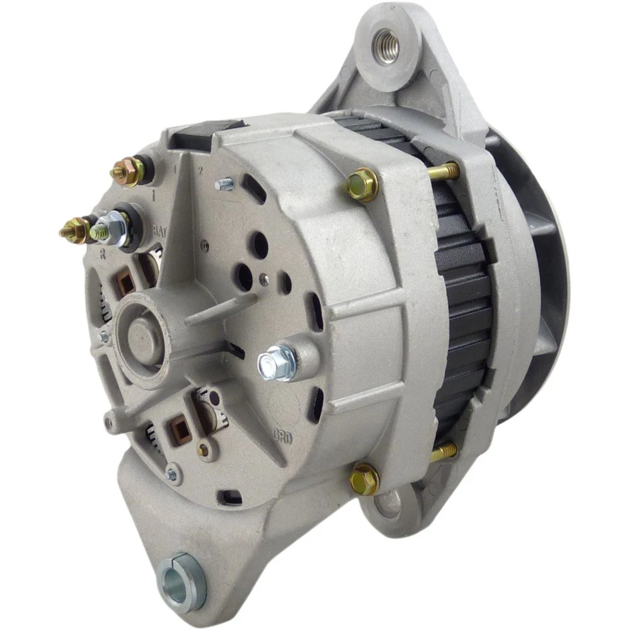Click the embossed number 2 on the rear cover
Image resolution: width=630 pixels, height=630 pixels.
201,170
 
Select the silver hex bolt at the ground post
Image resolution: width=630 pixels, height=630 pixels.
277,363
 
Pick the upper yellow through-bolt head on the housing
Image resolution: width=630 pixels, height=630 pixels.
363,184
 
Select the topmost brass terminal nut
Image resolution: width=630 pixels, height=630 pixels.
128,171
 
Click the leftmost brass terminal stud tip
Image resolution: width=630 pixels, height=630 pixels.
65,231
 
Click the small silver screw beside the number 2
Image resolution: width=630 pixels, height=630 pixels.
224,184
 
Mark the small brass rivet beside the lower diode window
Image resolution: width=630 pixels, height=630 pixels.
202,450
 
